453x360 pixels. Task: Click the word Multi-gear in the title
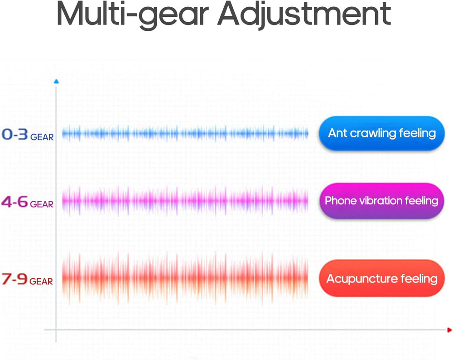133,15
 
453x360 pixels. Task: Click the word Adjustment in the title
304,15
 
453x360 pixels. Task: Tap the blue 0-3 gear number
15,134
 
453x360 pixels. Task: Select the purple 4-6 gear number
15,202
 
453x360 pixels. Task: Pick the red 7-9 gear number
14,279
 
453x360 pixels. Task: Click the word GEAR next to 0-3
42,137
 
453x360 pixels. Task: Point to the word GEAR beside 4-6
42,204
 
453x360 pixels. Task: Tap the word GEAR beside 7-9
41,282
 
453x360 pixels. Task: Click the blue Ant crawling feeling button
381,133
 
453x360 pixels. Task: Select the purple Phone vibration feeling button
381,201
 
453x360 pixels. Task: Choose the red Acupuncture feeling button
381,278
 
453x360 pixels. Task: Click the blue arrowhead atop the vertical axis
56,82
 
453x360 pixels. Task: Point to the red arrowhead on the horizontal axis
449,330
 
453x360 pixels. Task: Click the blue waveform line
185,133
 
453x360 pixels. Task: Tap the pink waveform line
185,200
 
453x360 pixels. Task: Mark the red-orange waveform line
185,278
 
